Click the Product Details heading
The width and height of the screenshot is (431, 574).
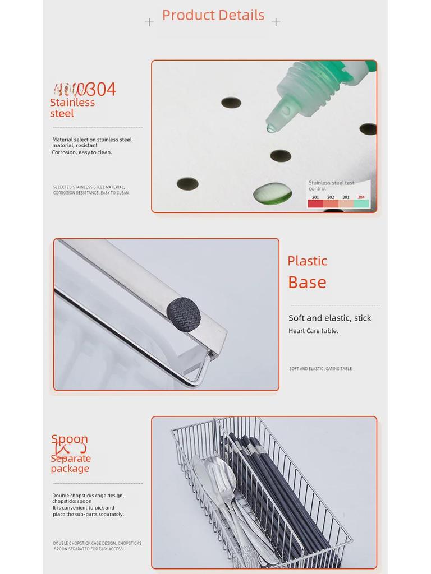click(x=213, y=15)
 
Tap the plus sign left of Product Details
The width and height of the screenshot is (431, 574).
click(x=149, y=22)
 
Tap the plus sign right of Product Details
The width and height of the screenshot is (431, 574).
click(x=276, y=22)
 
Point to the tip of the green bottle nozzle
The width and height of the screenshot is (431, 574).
click(x=271, y=128)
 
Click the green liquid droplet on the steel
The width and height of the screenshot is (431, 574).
click(x=272, y=193)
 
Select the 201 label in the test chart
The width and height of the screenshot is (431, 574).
click(x=315, y=197)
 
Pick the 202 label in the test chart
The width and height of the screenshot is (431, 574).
click(x=331, y=197)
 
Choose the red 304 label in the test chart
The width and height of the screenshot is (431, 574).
click(x=361, y=197)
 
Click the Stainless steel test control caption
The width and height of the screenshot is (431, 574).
click(x=331, y=186)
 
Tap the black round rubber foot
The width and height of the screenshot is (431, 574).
click(x=184, y=314)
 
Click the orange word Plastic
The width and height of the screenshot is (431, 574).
click(x=307, y=261)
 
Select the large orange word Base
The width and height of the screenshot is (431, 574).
click(x=307, y=282)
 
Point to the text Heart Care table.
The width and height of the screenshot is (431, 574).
click(x=313, y=331)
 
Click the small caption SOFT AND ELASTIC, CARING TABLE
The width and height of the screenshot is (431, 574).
click(x=321, y=369)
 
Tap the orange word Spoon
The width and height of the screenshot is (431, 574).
click(x=70, y=439)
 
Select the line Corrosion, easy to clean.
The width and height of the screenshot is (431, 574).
click(x=82, y=152)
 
